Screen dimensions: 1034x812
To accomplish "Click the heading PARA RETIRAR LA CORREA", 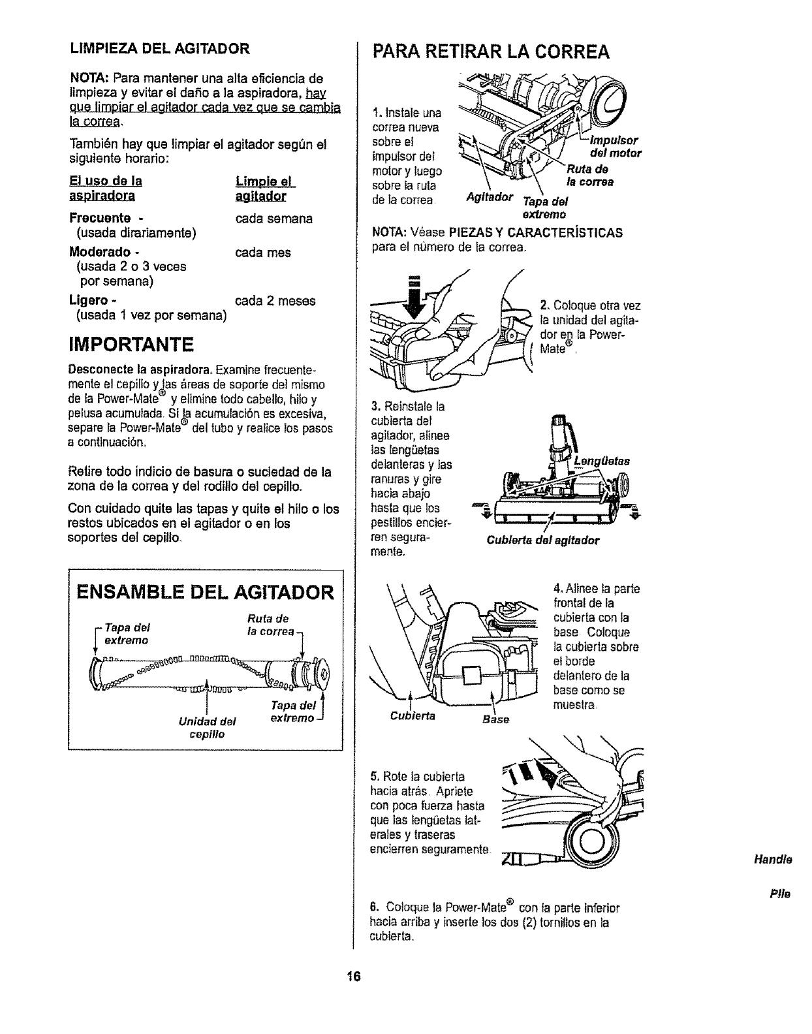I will click(x=490, y=52).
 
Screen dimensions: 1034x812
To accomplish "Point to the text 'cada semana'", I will click(x=273, y=219).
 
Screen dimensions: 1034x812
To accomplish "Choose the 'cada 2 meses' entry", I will click(x=274, y=301).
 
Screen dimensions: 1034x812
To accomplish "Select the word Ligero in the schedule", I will click(x=89, y=301).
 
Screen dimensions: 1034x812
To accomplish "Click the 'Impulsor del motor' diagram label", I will click(x=615, y=147).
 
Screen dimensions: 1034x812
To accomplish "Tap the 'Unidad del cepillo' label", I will click(x=207, y=728).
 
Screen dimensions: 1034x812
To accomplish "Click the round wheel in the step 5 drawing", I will click(x=592, y=843).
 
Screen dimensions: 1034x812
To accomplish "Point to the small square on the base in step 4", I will click(x=471, y=677).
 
